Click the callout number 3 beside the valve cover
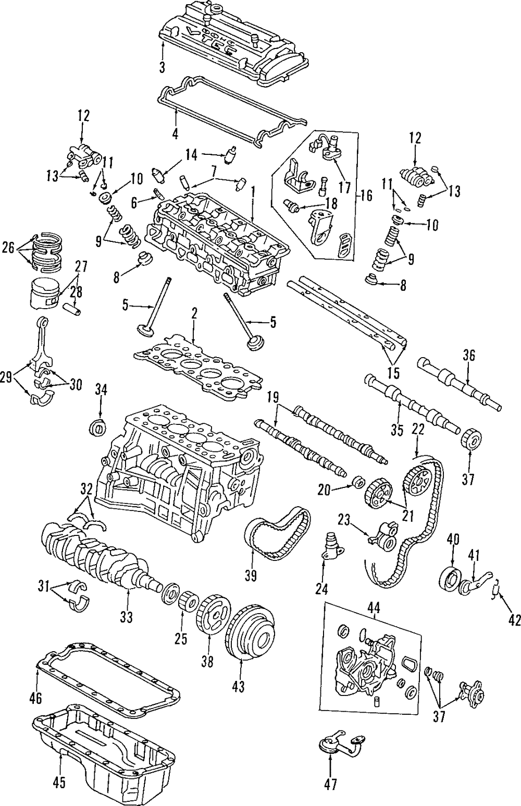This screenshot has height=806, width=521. click(x=162, y=67)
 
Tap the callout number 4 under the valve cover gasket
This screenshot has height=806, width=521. click(x=176, y=133)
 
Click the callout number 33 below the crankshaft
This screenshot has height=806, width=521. click(x=127, y=617)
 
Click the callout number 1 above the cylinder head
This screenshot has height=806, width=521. click(x=253, y=192)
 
